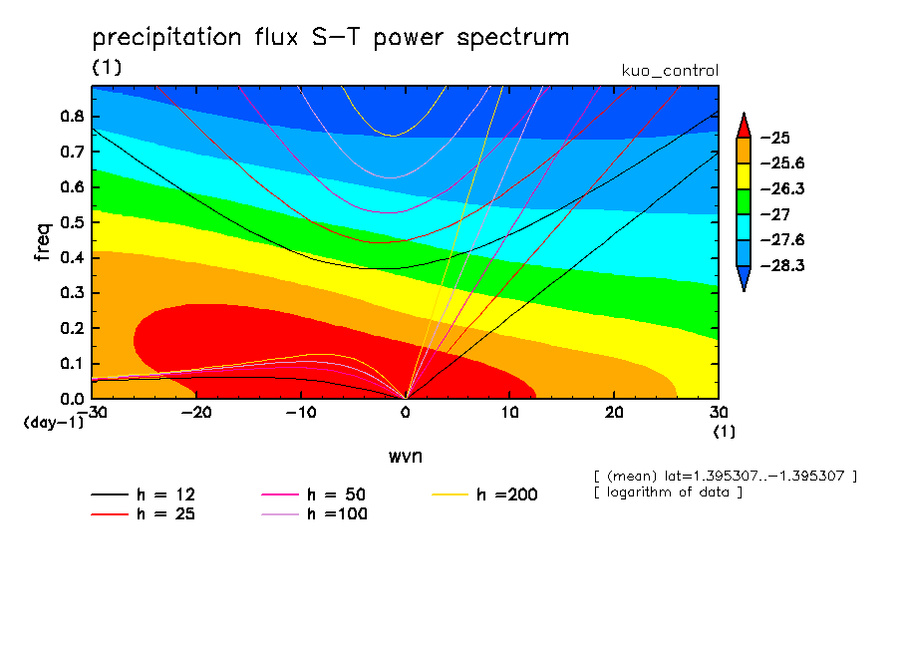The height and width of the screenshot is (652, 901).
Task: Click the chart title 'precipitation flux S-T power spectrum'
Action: tap(330, 38)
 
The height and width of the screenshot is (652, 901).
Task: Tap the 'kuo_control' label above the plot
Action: tap(669, 71)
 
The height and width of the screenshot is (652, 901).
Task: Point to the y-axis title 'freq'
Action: tap(43, 242)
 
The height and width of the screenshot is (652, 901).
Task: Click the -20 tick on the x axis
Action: tap(196, 412)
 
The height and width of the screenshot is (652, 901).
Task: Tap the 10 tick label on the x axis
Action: tap(509, 412)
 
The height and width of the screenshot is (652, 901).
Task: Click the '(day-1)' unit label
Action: tap(53, 422)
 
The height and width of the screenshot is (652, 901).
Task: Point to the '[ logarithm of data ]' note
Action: tap(667, 492)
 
